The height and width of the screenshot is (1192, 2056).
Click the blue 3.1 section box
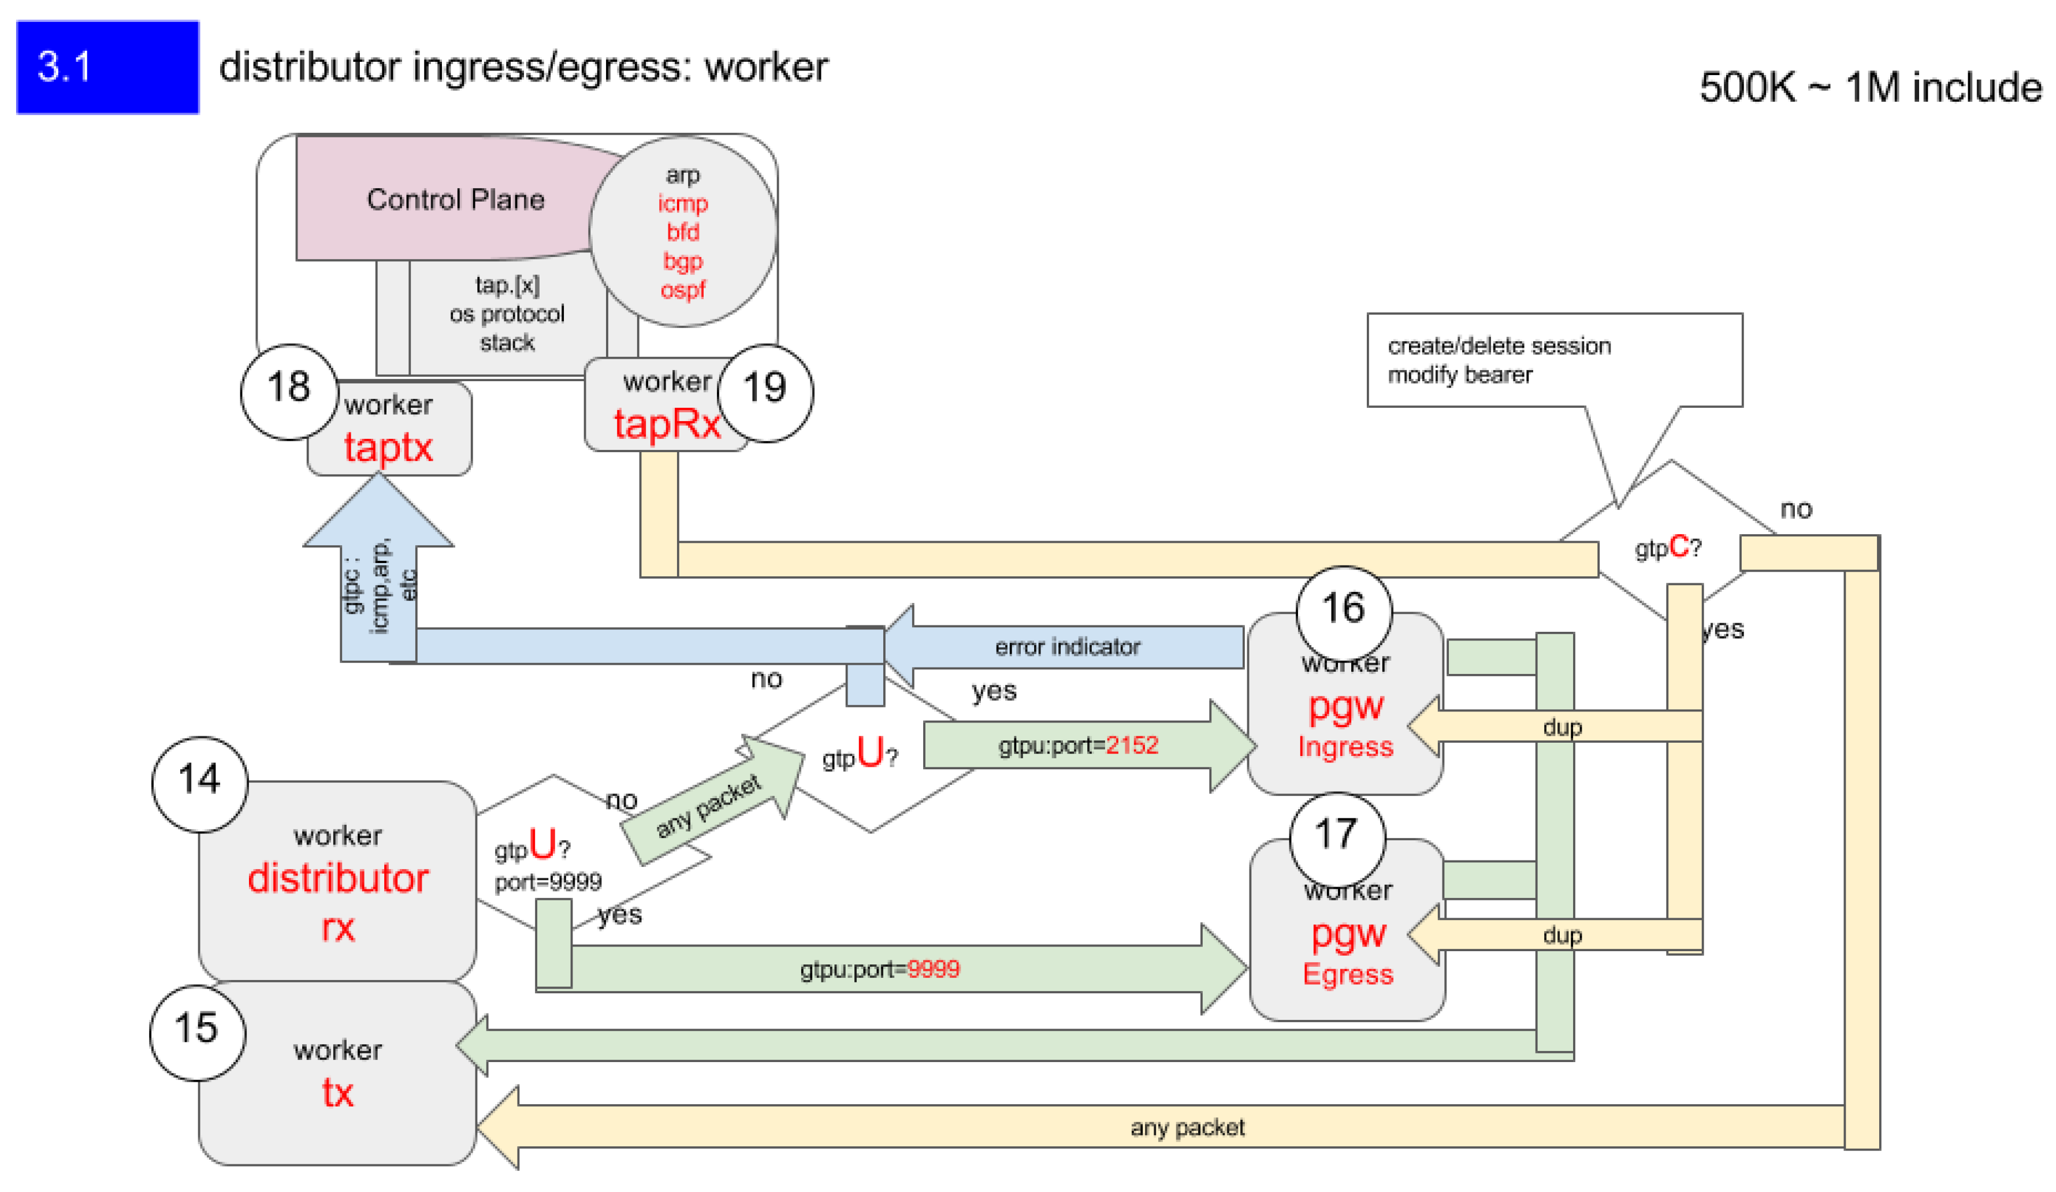107,67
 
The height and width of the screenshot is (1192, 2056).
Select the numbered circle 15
198,1032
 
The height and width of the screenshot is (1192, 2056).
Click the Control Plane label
455,200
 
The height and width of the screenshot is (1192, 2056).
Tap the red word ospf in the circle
683,290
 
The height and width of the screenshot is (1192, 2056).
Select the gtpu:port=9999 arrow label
879,969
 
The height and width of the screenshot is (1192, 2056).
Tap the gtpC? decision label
1668,547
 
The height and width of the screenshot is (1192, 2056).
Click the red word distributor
338,880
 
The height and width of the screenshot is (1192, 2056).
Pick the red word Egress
1348,975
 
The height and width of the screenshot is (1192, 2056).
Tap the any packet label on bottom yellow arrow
1187,1127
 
